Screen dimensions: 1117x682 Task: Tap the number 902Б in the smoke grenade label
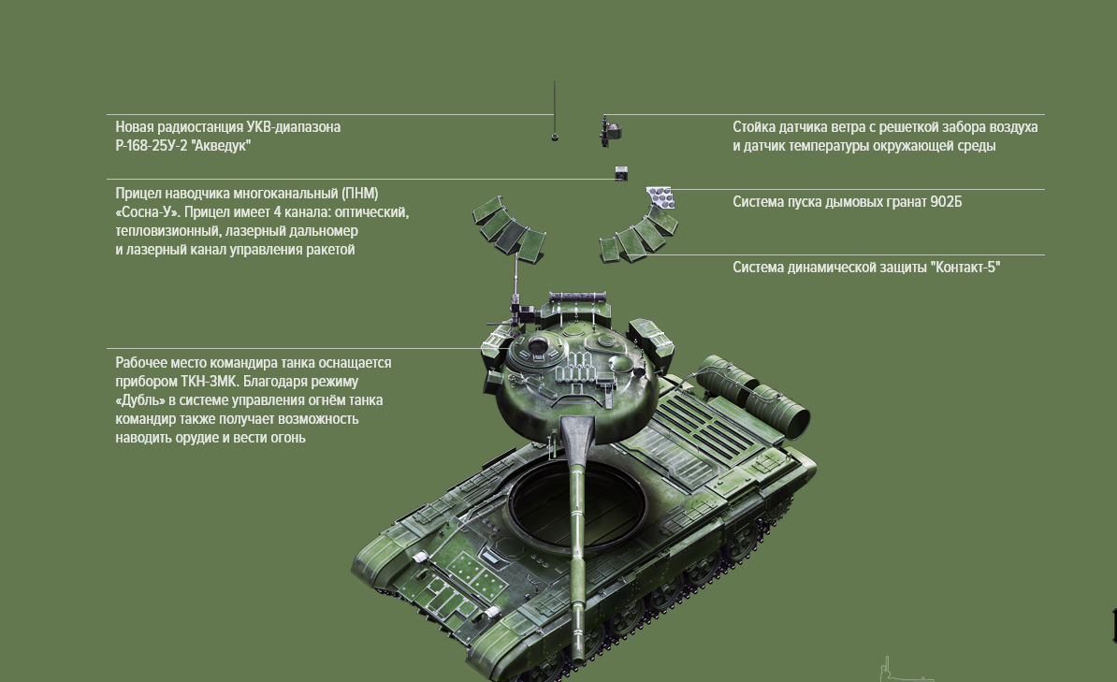[946, 202]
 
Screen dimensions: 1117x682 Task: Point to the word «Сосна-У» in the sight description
[148, 212]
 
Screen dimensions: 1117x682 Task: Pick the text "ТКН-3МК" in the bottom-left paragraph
[207, 382]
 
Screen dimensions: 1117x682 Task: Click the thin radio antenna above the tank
[554, 111]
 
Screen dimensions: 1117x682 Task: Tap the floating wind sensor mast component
[609, 131]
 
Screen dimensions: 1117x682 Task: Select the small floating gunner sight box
[621, 172]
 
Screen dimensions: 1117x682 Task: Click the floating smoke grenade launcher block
[660, 197]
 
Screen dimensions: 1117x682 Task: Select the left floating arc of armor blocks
[509, 228]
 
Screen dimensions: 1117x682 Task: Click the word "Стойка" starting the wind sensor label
[754, 127]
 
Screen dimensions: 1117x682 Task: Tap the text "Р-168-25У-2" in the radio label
[151, 145]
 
